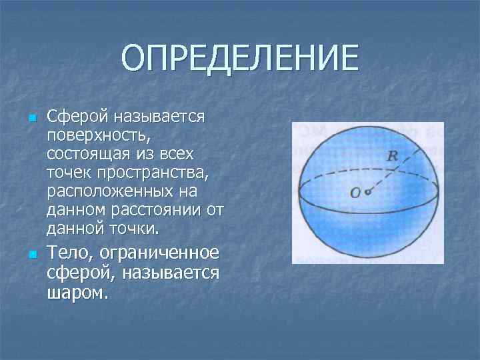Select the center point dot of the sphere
coord(367,192)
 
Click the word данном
coord(75,211)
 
